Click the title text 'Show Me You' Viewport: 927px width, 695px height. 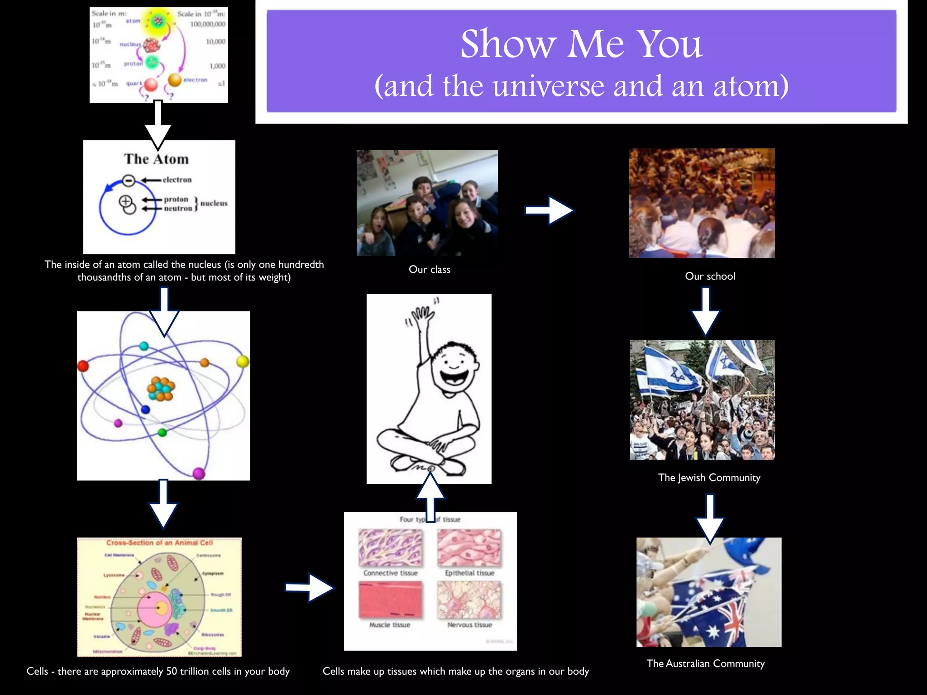coord(581,44)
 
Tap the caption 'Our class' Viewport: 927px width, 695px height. coord(429,270)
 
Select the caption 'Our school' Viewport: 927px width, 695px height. coord(710,276)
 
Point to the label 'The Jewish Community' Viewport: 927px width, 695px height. coord(709,478)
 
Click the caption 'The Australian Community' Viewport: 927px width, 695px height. coord(705,664)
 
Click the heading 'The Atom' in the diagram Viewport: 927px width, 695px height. coord(156,159)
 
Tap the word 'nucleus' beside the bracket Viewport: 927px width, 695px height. coord(214,204)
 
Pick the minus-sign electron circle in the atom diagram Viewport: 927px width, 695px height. coord(129,181)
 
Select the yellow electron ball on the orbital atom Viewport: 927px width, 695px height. coord(243,361)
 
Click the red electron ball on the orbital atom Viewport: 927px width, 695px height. coord(83,366)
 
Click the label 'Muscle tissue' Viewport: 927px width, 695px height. coord(390,625)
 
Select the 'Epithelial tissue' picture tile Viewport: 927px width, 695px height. coord(469,548)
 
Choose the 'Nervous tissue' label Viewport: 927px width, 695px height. coord(469,625)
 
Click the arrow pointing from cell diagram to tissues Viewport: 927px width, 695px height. coord(310,587)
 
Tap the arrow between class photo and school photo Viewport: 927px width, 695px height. coord(549,210)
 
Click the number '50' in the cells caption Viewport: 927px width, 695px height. coord(172,671)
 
